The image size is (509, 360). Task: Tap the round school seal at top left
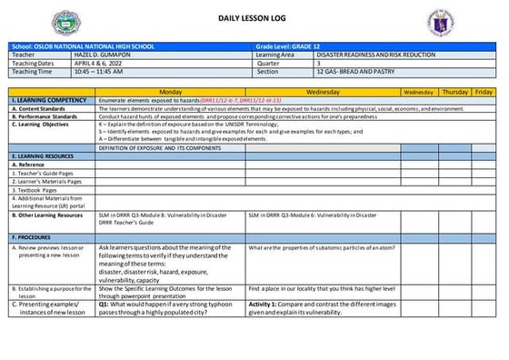66,22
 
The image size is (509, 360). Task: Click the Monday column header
171,92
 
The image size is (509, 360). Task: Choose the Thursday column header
455,92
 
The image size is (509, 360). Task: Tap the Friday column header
484,92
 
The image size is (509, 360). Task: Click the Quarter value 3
318,63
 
